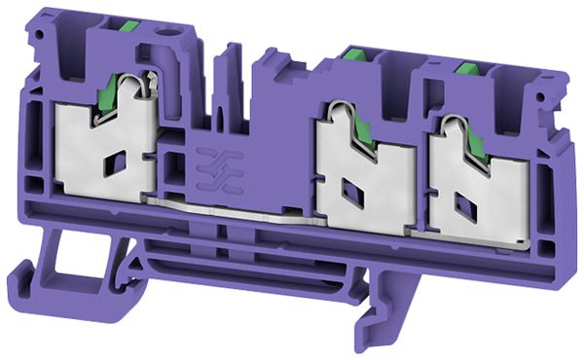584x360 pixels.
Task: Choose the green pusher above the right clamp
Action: [466, 69]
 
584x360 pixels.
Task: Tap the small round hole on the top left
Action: [178, 44]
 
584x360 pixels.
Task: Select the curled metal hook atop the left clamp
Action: [145, 85]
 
